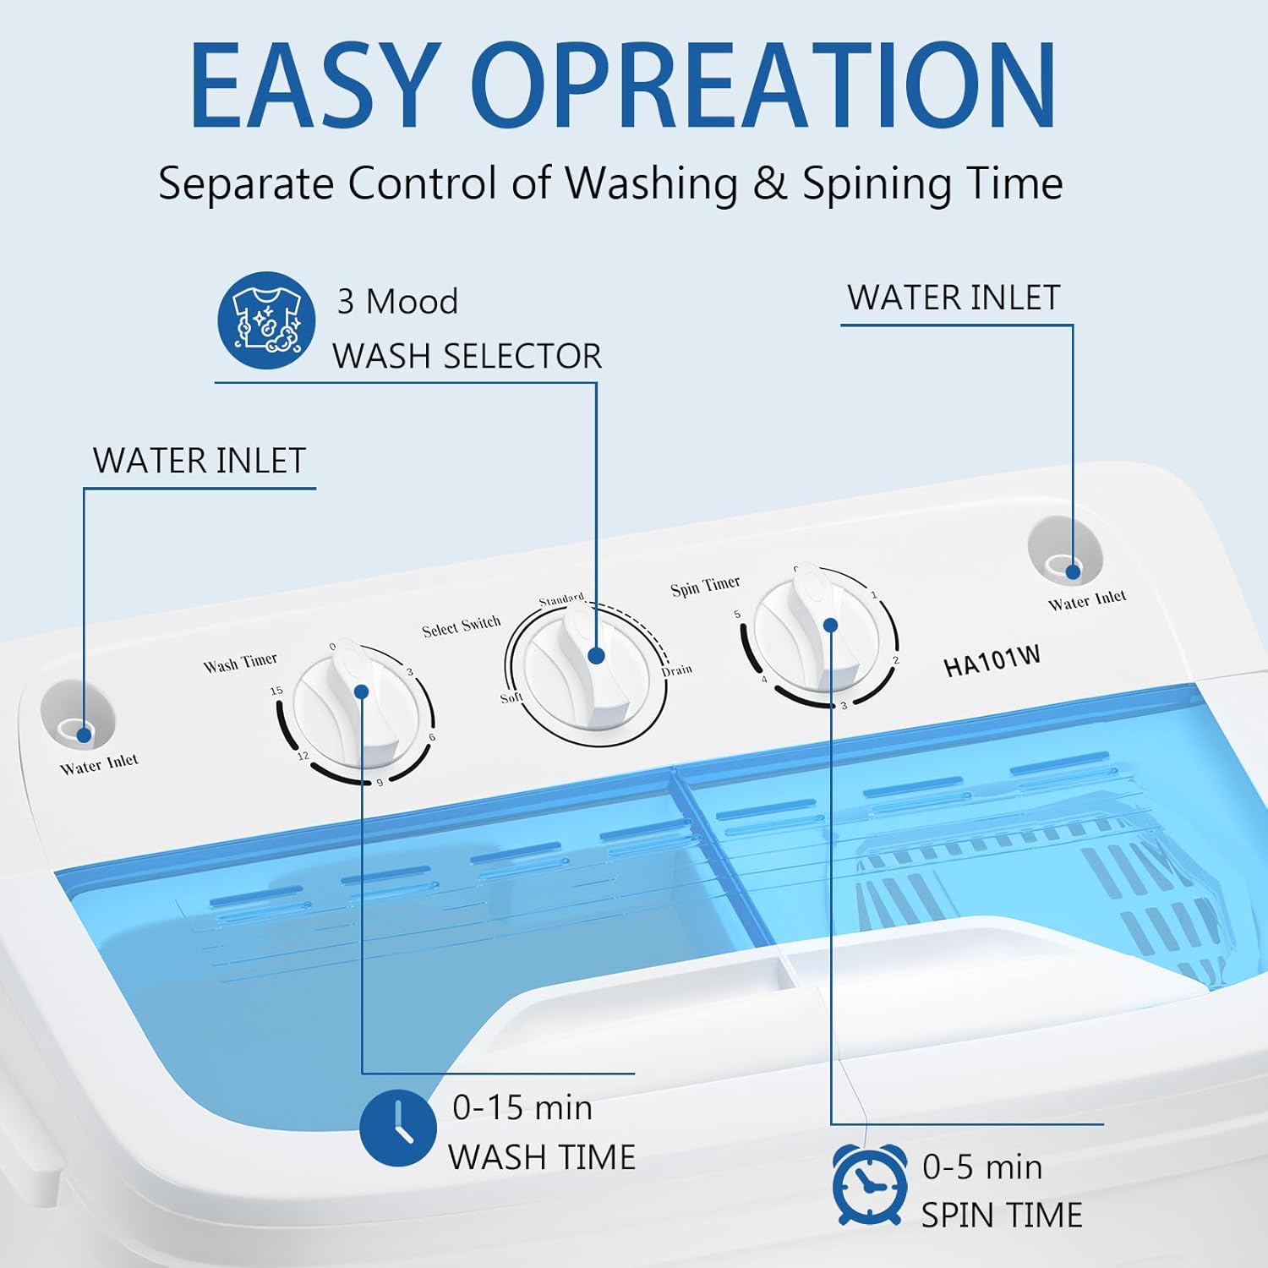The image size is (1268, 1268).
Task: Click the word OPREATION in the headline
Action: click(x=769, y=86)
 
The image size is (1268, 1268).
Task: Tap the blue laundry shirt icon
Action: click(x=266, y=320)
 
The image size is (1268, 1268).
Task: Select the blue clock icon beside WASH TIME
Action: click(x=397, y=1128)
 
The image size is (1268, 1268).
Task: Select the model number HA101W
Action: click(x=992, y=661)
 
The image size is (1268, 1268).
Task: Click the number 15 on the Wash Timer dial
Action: click(x=276, y=691)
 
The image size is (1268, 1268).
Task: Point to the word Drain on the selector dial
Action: click(x=677, y=670)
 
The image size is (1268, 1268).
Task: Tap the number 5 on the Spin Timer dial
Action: click(x=737, y=615)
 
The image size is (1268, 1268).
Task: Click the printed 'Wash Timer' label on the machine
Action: click(x=240, y=664)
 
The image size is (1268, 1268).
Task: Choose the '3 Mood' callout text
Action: click(x=397, y=302)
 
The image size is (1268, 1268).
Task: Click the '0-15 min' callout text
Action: click(x=522, y=1107)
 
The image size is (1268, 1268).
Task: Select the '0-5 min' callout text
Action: click(x=982, y=1167)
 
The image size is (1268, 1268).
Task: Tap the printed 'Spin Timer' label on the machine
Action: click(x=705, y=587)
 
